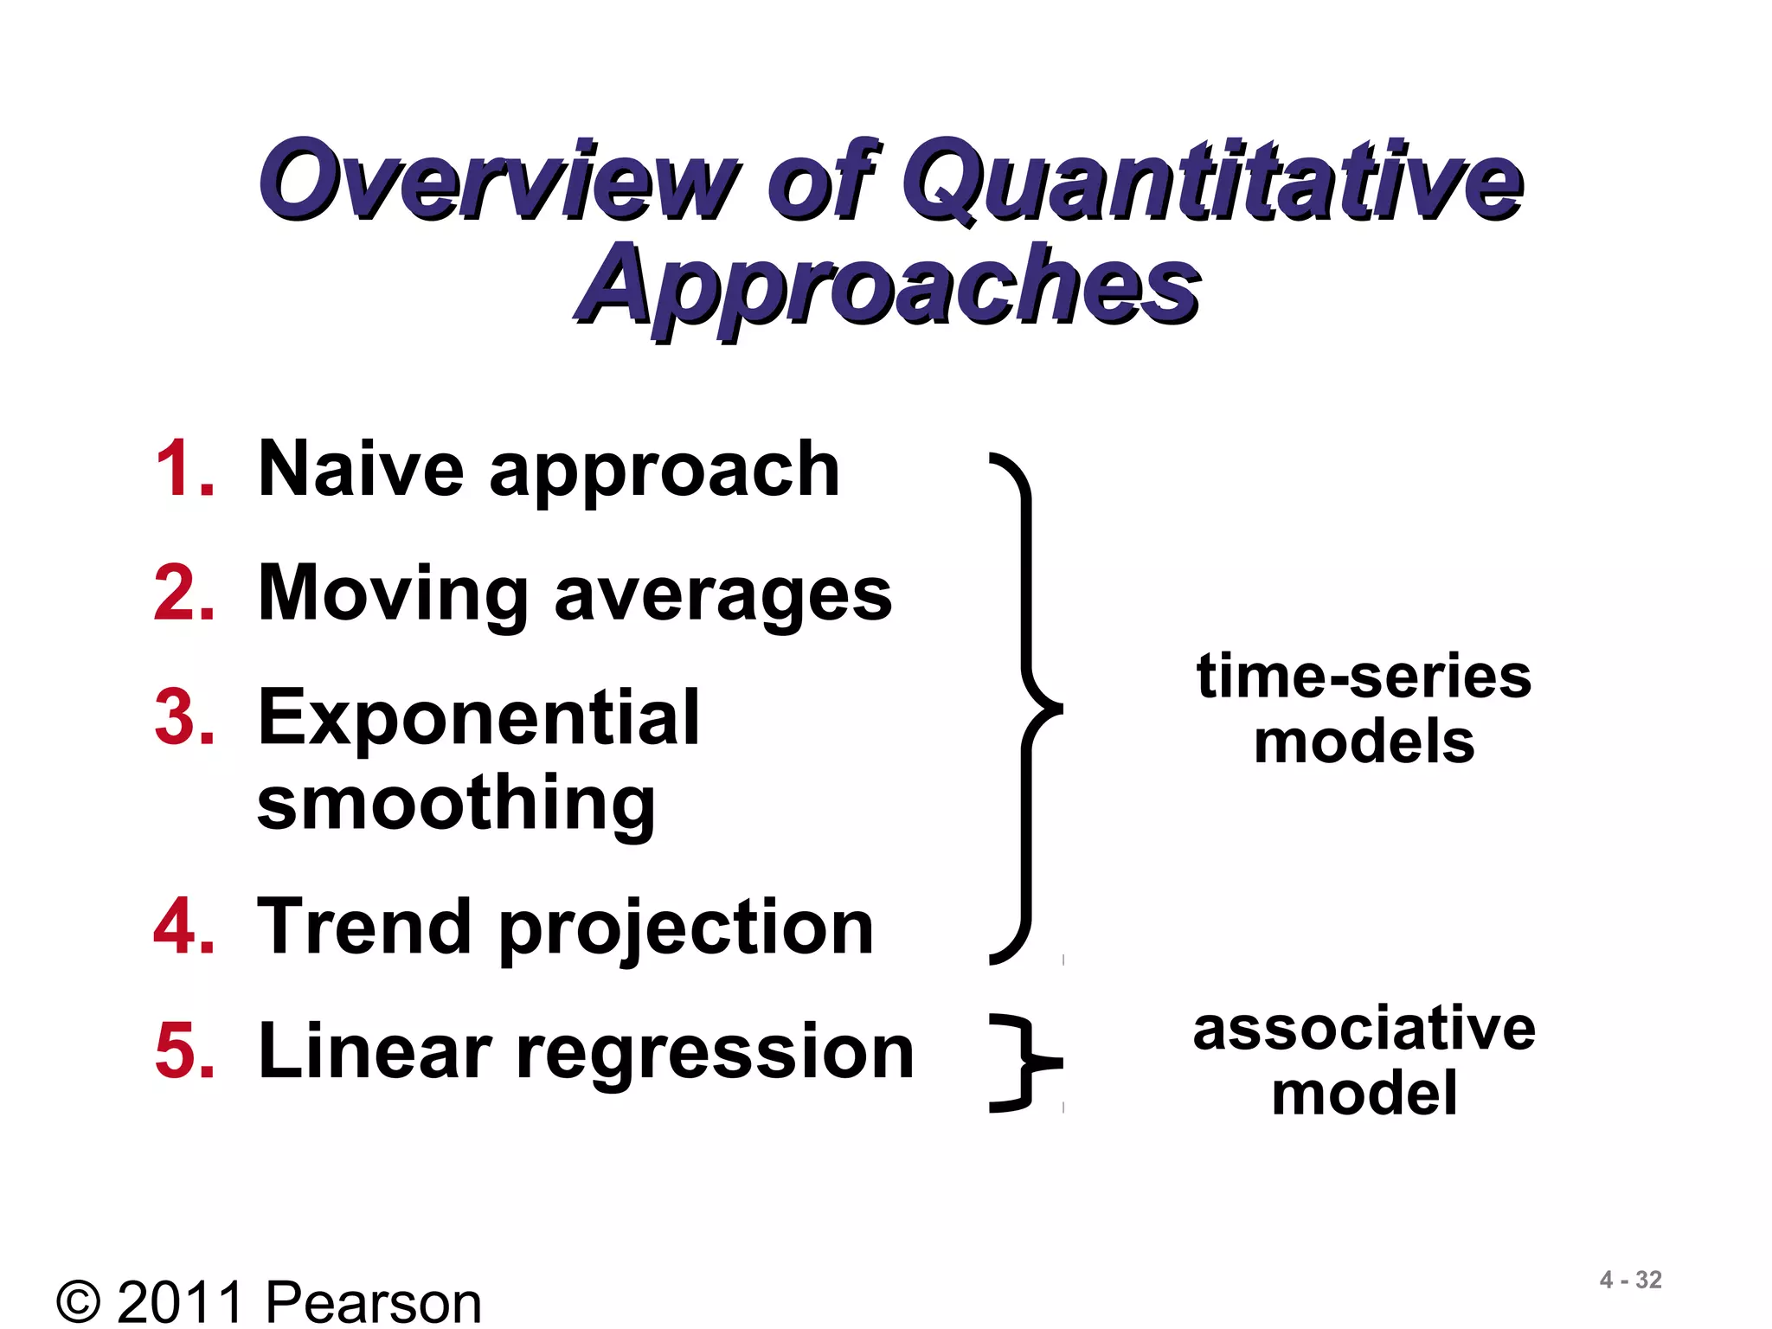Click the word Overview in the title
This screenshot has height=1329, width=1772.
pos(498,180)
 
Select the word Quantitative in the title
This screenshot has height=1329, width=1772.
pos(1211,182)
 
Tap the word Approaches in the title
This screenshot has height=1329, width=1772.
pos(887,286)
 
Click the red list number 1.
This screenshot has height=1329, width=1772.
pos(183,469)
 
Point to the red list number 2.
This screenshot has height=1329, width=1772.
pos(183,594)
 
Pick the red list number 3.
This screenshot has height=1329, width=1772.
pos(183,717)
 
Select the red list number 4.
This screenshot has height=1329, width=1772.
pos(183,927)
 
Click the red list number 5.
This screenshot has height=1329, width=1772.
pos(183,1050)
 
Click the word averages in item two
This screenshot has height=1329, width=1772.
pos(722,597)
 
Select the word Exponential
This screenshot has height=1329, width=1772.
pos(478,717)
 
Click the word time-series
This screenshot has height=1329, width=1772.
pos(1364,677)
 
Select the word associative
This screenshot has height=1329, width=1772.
pos(1364,1030)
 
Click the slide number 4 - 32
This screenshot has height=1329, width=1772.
pos(1630,1280)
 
